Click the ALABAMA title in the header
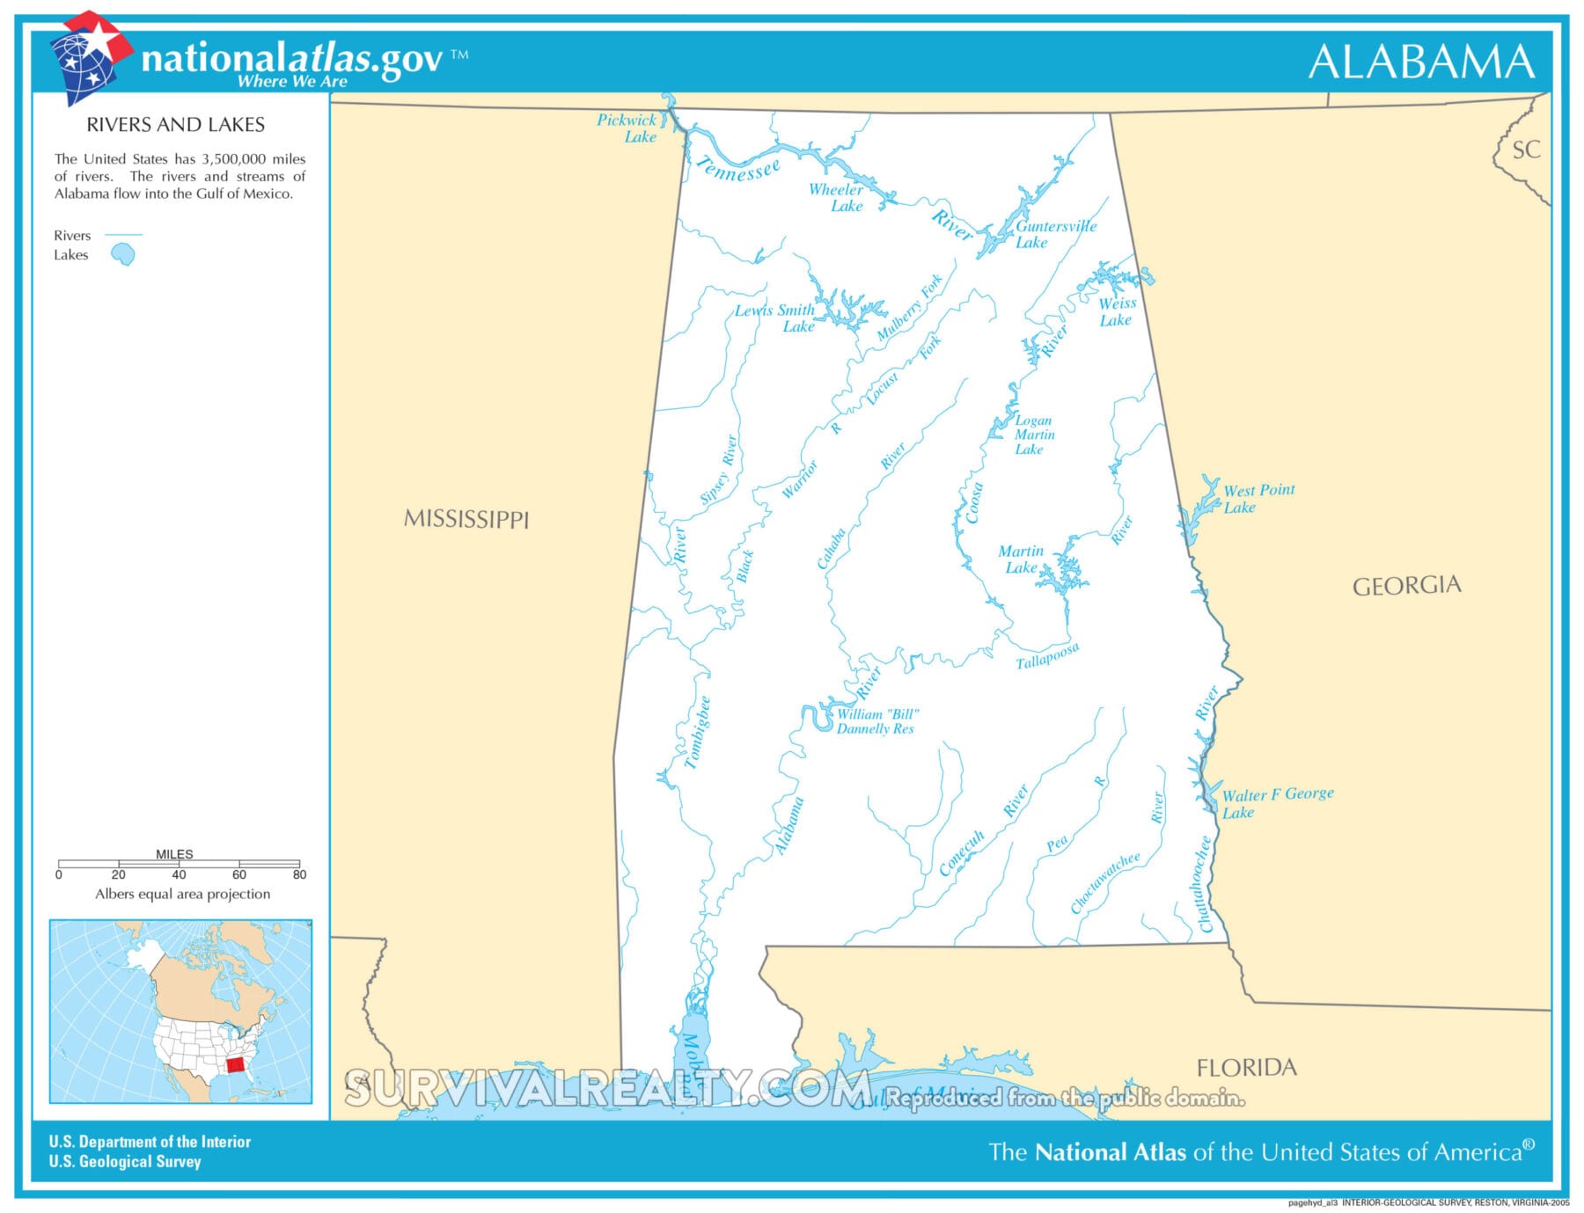tap(1420, 62)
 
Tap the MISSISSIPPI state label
tap(466, 519)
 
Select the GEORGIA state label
tap(1405, 586)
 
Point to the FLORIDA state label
tap(1245, 1068)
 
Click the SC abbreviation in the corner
tap(1525, 150)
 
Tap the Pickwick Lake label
tap(627, 128)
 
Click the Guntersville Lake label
tap(1054, 234)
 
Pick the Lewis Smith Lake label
tap(776, 318)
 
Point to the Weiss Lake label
tap(1117, 311)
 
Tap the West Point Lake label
tap(1258, 498)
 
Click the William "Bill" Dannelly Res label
tap(876, 721)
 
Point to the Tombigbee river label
tap(698, 733)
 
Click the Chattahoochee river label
tap(1205, 883)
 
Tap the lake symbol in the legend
tap(123, 255)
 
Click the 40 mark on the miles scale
tap(179, 874)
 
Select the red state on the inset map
tap(236, 1064)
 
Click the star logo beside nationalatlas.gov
tap(91, 55)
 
